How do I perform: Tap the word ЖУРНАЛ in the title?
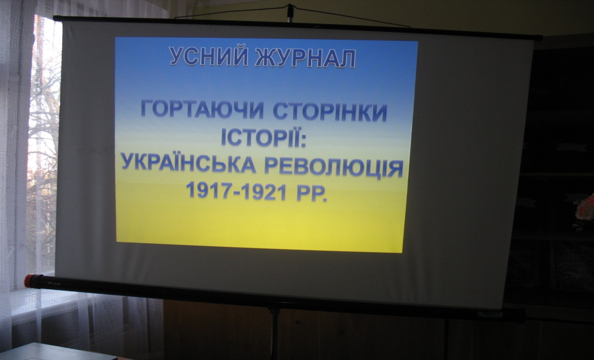tap(305, 58)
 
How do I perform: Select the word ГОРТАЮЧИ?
tap(203, 109)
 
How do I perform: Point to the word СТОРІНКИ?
tap(330, 111)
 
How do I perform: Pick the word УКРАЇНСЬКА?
tap(188, 163)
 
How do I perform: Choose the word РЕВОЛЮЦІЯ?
tap(334, 167)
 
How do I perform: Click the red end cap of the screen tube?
tap(29, 281)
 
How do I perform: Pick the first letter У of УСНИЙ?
tap(177, 56)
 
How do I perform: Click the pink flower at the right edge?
tap(586, 210)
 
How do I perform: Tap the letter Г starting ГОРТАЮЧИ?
tap(147, 109)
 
